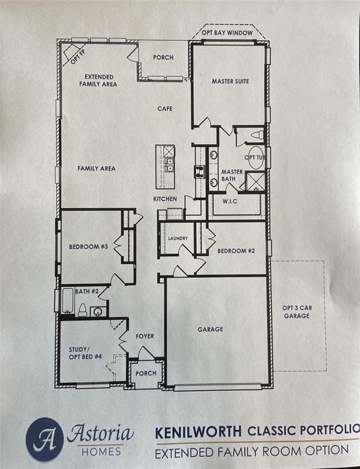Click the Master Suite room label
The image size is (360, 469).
230,81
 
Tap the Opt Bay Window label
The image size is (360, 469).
227,32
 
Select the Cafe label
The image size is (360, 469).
165,109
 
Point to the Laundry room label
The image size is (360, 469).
178,238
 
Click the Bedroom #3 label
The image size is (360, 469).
88,247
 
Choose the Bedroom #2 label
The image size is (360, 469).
236,251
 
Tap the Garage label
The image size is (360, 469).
210,329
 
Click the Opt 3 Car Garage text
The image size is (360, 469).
297,311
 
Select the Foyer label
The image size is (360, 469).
145,336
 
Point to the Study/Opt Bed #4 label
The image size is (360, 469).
86,353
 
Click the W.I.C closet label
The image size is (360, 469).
230,202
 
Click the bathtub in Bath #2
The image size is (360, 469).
68,300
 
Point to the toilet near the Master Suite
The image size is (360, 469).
257,135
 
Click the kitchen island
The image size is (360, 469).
165,167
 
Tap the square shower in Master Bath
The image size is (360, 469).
255,181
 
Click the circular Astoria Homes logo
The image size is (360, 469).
45,440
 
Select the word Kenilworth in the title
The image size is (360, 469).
199,432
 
